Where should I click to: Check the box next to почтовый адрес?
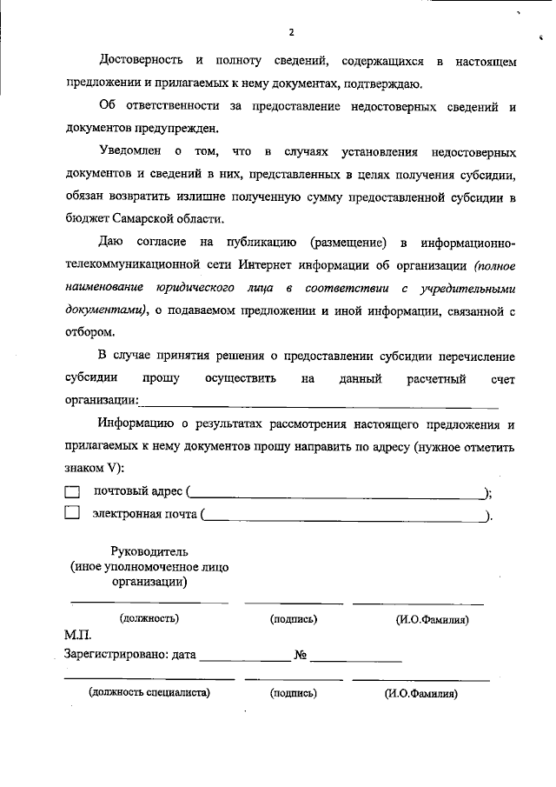[x=72, y=492]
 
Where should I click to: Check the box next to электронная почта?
[x=72, y=513]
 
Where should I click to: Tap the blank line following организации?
[x=320, y=403]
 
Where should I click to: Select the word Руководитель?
[x=149, y=550]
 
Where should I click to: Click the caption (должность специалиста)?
[x=149, y=693]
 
